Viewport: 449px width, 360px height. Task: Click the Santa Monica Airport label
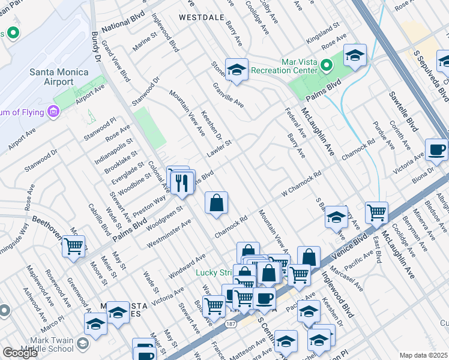(x=59, y=77)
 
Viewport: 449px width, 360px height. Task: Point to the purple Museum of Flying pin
(x=53, y=111)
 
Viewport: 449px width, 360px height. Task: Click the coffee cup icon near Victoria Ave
(x=436, y=149)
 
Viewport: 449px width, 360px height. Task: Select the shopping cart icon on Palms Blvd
(x=73, y=245)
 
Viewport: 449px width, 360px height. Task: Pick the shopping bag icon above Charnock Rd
(x=216, y=202)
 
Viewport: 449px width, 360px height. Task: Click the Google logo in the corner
(x=20, y=353)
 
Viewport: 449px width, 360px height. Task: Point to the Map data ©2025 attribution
(x=423, y=355)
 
